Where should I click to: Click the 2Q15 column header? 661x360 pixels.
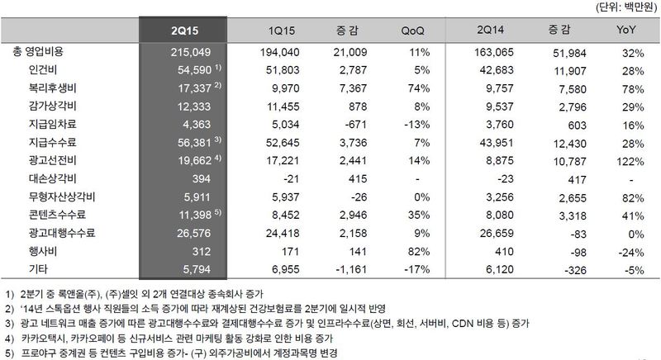click(183, 31)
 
